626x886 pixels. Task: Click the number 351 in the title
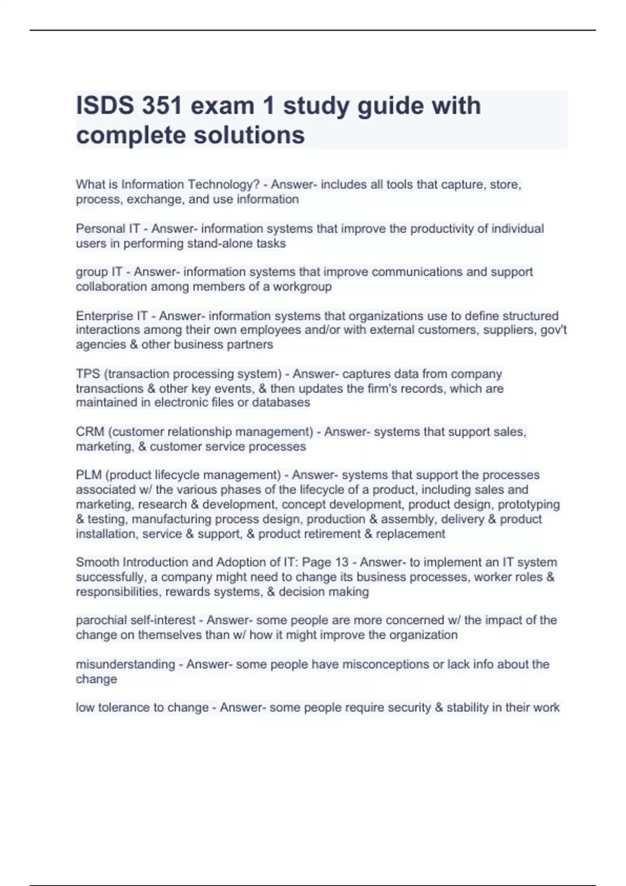161,106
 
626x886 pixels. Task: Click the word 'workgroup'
302,287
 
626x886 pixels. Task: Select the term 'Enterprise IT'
112,316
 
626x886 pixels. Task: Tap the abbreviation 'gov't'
555,330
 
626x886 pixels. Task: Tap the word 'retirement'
331,534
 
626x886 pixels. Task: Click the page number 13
342,562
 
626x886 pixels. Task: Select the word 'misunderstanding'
125,664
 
